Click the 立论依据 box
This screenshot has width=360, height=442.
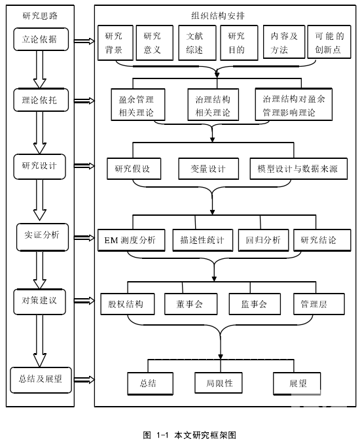click(x=41, y=39)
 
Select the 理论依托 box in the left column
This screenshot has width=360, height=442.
click(x=41, y=100)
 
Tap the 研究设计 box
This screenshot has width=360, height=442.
click(x=39, y=166)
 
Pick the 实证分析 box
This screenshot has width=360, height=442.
click(x=43, y=237)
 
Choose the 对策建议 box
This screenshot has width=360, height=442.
click(x=39, y=301)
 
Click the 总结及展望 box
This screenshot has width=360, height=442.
click(x=41, y=380)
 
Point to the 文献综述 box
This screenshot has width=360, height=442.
click(x=197, y=43)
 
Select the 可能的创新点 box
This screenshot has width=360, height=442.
click(x=329, y=42)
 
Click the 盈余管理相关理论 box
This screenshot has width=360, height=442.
click(x=138, y=105)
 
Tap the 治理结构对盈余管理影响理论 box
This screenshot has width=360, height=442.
click(x=294, y=105)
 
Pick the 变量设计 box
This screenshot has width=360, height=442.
click(x=209, y=169)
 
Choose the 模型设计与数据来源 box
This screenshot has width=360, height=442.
click(x=298, y=169)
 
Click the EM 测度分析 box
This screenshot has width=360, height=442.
click(x=131, y=240)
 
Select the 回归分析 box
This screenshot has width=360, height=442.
click(x=264, y=240)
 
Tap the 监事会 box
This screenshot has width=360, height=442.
click(x=255, y=304)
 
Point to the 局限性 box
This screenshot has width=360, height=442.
click(x=219, y=382)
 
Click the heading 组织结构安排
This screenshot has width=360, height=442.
click(x=218, y=16)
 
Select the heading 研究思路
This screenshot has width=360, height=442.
click(x=40, y=16)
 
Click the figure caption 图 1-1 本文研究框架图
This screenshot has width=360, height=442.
click(x=189, y=435)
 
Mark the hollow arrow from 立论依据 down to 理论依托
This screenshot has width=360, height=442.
click(x=40, y=69)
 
